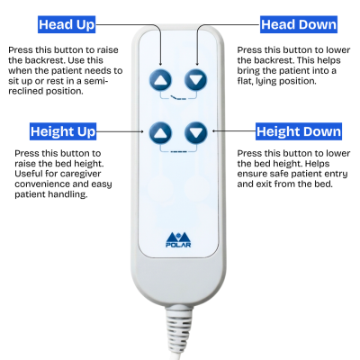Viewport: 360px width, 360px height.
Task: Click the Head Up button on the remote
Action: (x=160, y=80)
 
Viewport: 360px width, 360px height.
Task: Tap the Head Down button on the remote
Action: (x=196, y=80)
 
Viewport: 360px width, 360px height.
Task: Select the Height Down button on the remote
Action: (x=196, y=132)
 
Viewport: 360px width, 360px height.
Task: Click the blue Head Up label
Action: (x=67, y=24)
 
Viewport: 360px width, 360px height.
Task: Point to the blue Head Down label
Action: (x=299, y=24)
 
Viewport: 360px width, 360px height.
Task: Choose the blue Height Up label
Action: (x=63, y=131)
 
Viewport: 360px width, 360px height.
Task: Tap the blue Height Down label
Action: (x=299, y=131)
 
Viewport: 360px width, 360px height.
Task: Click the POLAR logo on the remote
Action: (x=178, y=239)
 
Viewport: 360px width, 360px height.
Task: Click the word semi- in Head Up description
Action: (x=95, y=81)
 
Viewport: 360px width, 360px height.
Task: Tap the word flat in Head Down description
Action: (x=245, y=81)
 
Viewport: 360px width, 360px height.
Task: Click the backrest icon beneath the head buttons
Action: (x=178, y=98)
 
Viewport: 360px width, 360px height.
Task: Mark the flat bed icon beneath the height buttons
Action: (x=178, y=151)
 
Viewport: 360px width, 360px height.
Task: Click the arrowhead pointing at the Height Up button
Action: (x=142, y=131)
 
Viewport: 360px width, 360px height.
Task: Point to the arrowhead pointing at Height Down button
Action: (x=214, y=131)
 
